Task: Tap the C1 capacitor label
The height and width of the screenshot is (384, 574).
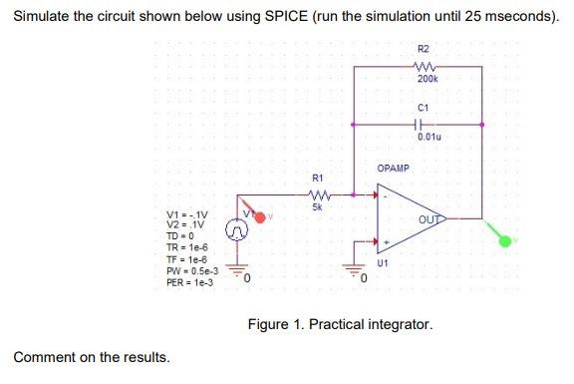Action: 424,107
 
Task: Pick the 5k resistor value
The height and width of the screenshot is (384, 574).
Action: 317,206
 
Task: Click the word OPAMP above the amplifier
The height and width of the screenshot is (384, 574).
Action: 393,169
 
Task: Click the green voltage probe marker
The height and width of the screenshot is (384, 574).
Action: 506,239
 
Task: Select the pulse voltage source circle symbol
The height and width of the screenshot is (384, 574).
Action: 237,231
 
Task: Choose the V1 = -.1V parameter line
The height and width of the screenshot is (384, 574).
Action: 187,215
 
